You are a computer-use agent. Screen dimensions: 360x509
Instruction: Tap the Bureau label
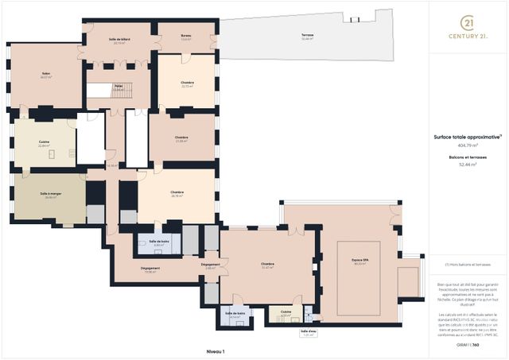click(186, 36)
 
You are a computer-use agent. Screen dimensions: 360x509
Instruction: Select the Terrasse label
click(307, 37)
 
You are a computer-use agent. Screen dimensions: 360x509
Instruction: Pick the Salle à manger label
click(51, 195)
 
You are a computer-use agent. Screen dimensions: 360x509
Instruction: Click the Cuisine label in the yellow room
click(45, 144)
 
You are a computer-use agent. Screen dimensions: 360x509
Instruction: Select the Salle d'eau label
click(308, 333)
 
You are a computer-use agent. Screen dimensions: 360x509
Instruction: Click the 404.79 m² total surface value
click(468, 145)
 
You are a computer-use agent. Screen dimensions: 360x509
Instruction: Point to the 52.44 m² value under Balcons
click(468, 165)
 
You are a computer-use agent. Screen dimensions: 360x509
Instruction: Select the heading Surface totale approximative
click(468, 137)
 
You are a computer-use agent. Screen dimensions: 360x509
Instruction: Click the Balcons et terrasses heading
click(468, 158)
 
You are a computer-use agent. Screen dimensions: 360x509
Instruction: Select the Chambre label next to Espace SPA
click(267, 265)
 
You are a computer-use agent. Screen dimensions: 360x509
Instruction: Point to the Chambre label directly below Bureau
click(188, 83)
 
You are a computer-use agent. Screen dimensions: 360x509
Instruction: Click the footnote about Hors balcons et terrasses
click(468, 264)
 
